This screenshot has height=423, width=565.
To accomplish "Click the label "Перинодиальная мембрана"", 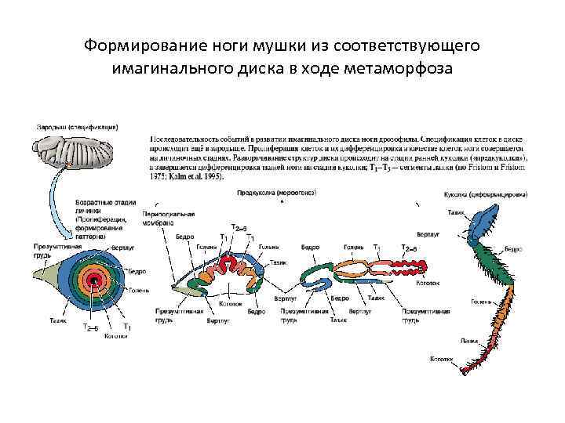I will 169,218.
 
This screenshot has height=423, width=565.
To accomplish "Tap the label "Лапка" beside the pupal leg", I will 468,340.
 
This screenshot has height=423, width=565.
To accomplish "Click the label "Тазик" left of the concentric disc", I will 58,320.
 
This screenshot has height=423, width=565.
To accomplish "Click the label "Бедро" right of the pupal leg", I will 512,249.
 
